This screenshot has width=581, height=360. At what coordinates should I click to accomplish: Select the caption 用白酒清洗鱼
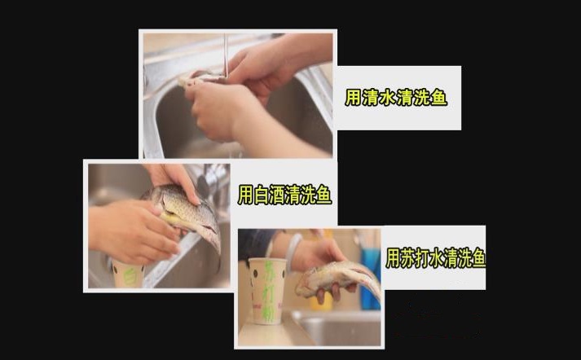click(284, 195)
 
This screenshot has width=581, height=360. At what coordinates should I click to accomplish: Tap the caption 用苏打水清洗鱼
click(435, 258)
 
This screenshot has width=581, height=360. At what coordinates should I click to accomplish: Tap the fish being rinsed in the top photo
click(202, 78)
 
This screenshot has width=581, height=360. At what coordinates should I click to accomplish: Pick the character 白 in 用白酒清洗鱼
click(259, 195)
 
